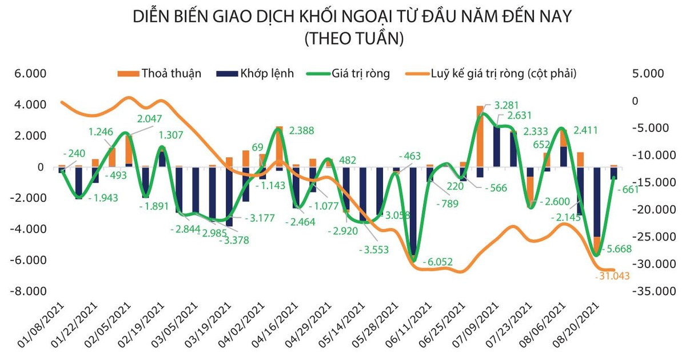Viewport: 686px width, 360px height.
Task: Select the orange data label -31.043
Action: tap(613, 276)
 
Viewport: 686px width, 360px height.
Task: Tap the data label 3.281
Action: tap(506, 106)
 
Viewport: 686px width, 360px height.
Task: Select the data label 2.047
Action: tap(150, 119)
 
